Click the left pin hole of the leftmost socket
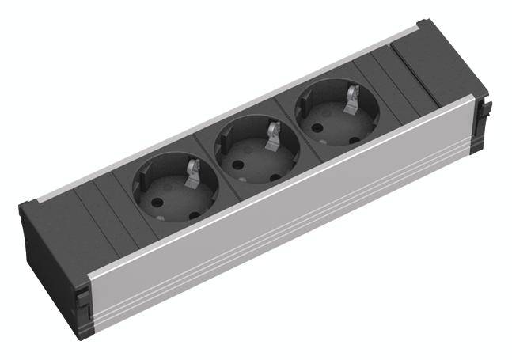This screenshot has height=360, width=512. (155, 201)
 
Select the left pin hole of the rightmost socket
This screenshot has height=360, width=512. (316, 124)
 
